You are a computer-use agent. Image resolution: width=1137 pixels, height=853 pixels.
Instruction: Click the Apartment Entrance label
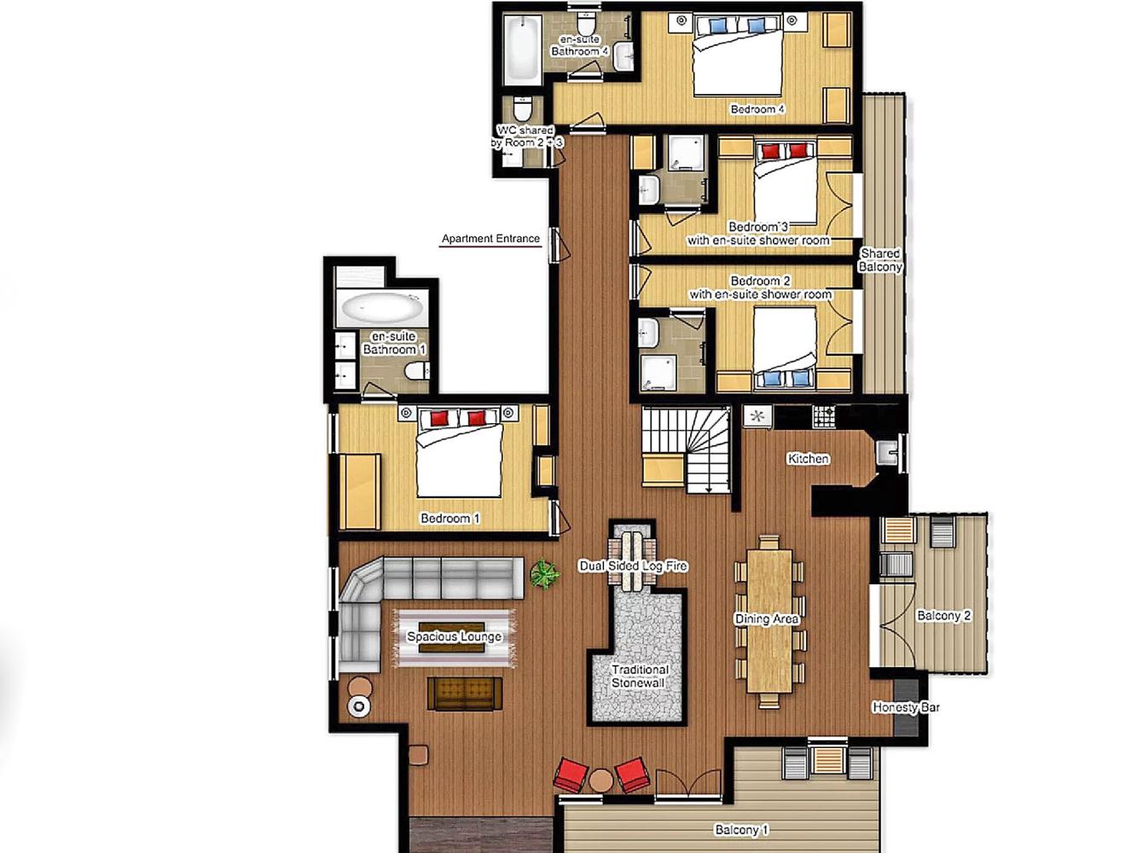point(490,239)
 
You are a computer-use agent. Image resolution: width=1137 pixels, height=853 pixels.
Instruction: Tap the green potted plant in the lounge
point(544,574)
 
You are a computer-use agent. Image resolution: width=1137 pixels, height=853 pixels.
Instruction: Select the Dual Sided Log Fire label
point(633,566)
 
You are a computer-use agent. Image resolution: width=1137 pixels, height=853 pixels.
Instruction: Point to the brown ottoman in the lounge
point(465,694)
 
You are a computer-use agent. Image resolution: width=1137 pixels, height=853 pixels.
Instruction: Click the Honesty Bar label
point(906,707)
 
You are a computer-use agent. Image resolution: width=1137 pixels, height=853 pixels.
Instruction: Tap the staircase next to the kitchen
point(686,449)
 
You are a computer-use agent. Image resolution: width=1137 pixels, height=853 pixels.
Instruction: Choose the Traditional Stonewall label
point(639,676)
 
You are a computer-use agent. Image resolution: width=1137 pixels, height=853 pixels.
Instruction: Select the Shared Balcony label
point(880,260)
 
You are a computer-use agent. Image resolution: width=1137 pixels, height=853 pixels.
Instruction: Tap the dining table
point(769,620)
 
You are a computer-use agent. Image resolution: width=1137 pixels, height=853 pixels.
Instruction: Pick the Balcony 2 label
point(943,616)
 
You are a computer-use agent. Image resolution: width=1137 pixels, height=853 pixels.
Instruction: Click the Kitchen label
point(808,459)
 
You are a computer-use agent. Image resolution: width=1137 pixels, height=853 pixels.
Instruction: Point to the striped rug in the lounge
point(455,637)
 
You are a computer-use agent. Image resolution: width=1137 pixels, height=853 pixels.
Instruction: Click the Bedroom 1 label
point(450,519)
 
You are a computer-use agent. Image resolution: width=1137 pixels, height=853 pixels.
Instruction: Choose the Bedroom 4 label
point(757,109)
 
